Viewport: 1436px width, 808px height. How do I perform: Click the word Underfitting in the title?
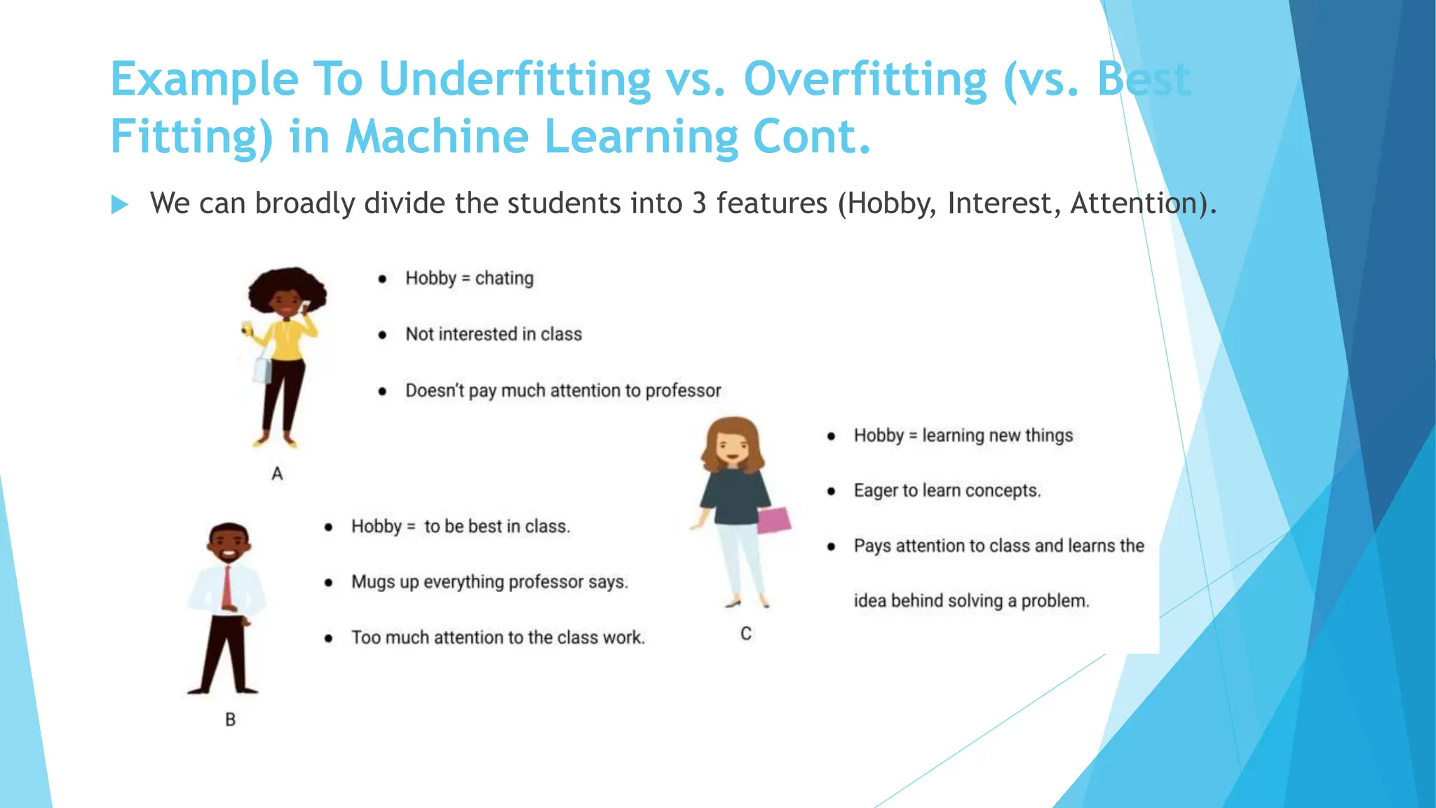[515, 79]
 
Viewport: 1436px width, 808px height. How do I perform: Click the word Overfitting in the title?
[866, 79]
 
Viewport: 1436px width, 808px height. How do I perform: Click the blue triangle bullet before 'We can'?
[120, 205]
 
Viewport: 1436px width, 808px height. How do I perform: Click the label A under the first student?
[277, 474]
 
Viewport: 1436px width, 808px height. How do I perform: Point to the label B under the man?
[230, 720]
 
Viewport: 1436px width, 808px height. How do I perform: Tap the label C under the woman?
[746, 633]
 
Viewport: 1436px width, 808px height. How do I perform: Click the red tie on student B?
[227, 586]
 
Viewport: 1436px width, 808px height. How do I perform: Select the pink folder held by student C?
[774, 520]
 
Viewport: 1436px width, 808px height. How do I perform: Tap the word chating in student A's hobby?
[504, 278]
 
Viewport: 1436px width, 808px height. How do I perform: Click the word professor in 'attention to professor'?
[683, 391]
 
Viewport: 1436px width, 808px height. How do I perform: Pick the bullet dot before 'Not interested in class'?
[382, 335]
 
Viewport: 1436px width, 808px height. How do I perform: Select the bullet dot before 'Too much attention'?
[328, 638]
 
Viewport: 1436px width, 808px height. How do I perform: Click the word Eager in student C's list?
[875, 490]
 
